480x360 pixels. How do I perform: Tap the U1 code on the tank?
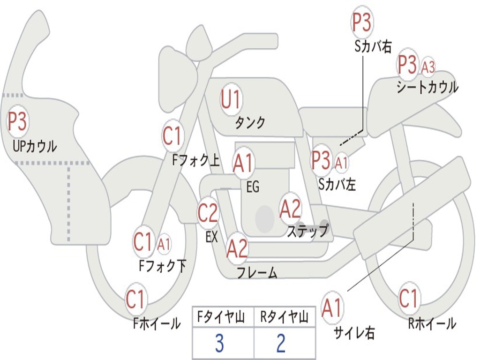click(231, 100)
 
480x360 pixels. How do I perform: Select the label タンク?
click(250, 123)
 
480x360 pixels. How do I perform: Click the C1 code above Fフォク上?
click(172, 136)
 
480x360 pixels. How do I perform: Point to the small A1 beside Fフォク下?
click(164, 244)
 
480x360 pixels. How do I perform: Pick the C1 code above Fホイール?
click(136, 300)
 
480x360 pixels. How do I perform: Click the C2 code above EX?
click(208, 213)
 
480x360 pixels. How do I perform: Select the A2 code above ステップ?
click(290, 209)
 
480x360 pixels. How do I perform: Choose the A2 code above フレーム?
click(237, 248)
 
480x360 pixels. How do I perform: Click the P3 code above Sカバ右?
click(362, 23)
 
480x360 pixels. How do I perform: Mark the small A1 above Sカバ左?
click(342, 162)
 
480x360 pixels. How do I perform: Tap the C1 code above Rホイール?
click(408, 298)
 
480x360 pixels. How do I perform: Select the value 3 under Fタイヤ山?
click(219, 344)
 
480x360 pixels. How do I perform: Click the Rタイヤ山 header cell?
click(284, 318)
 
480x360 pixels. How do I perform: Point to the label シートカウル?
click(427, 88)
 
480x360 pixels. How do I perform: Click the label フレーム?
click(257, 273)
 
